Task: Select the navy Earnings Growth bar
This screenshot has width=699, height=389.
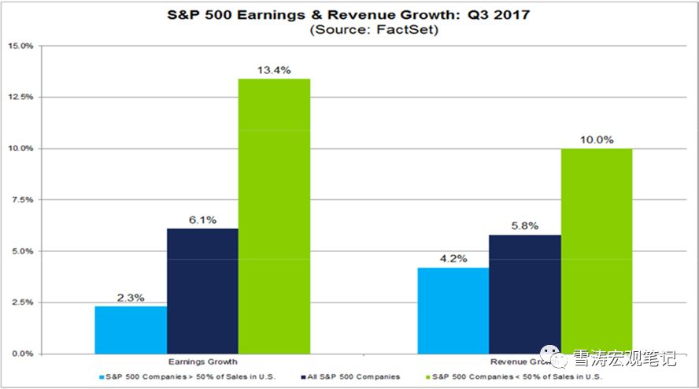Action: click(x=202, y=291)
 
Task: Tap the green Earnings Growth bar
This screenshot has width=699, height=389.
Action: click(x=274, y=216)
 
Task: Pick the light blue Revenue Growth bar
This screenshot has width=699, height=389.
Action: click(x=453, y=310)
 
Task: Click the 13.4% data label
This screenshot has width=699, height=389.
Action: click(x=274, y=70)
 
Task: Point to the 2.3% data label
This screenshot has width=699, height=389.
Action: click(x=131, y=298)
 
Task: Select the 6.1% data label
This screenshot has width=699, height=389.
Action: click(x=202, y=220)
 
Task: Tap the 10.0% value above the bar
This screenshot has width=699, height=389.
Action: click(x=597, y=139)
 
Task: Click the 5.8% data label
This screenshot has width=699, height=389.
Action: click(x=525, y=226)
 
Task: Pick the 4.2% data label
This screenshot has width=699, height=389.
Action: click(x=453, y=259)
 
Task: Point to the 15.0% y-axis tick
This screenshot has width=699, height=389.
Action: click(x=20, y=46)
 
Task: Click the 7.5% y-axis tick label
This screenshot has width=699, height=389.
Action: click(x=23, y=200)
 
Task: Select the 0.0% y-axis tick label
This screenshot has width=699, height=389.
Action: click(x=23, y=354)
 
